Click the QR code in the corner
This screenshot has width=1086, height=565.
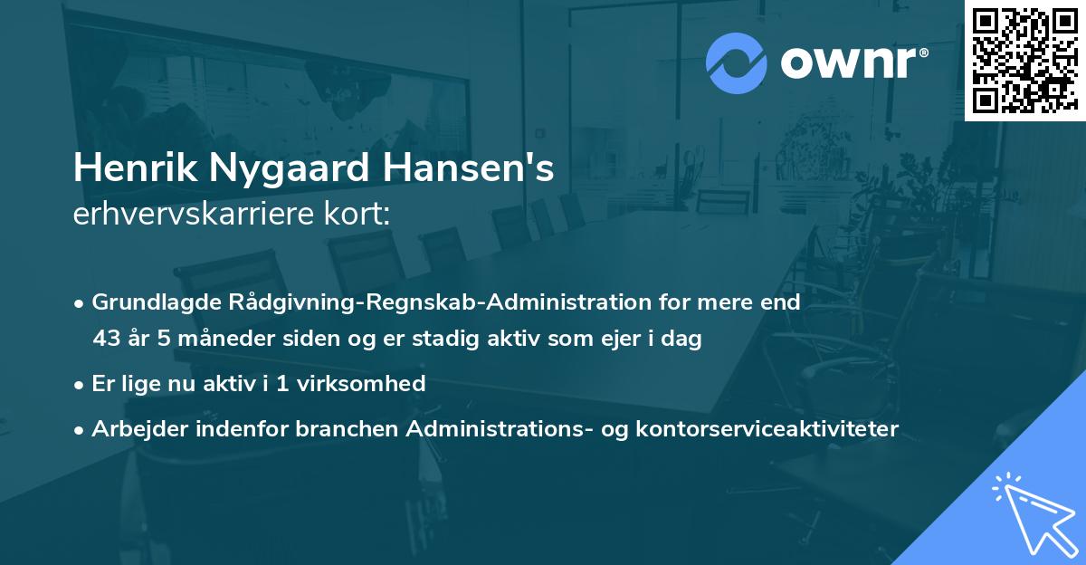click(x=1024, y=60)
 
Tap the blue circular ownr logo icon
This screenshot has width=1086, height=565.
click(x=737, y=63)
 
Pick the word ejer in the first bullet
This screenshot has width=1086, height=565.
click(x=621, y=340)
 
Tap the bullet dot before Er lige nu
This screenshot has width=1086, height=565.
click(x=81, y=385)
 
